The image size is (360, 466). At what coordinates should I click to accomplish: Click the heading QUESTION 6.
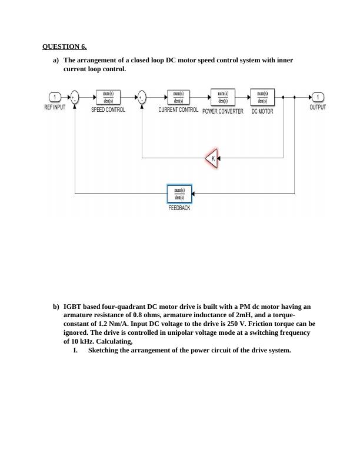tap(65, 46)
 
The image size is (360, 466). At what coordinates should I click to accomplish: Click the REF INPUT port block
tap(55, 98)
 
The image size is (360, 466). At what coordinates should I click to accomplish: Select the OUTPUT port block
tap(318, 98)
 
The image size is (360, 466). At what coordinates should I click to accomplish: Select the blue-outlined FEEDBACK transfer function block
tap(179, 194)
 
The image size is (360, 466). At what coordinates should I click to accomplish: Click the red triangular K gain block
tap(212, 158)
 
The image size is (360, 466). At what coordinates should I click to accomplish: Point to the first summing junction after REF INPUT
tap(75, 98)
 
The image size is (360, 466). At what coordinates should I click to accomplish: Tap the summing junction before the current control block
tap(142, 98)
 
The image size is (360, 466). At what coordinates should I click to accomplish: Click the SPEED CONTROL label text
tap(108, 110)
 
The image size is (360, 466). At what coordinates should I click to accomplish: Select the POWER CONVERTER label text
tap(222, 111)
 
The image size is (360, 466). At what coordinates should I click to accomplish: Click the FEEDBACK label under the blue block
tap(179, 208)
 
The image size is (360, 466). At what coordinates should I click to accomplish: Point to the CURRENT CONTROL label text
tap(178, 110)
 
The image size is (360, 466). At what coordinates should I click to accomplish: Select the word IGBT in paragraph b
tap(72, 307)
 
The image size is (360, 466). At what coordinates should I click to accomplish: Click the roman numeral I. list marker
tap(75, 350)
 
